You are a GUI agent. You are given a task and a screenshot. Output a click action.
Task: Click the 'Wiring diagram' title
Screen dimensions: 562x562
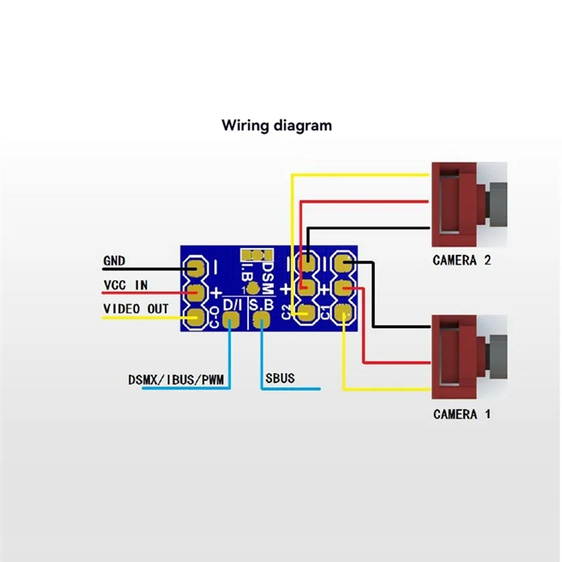point(276,126)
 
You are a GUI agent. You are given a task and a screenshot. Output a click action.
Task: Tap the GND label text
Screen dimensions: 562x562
point(114,261)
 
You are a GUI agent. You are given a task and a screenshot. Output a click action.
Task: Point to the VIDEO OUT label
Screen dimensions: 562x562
point(136,308)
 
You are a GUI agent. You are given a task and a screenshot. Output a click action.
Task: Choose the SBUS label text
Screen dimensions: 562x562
point(280,379)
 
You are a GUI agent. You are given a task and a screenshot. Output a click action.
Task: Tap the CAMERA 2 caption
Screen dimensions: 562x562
point(462,261)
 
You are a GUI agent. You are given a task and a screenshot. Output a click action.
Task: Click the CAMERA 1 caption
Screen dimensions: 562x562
point(462,414)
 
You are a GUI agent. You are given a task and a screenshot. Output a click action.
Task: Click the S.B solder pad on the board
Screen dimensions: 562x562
point(262,320)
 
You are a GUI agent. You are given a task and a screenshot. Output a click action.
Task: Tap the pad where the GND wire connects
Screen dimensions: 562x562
point(195,267)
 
